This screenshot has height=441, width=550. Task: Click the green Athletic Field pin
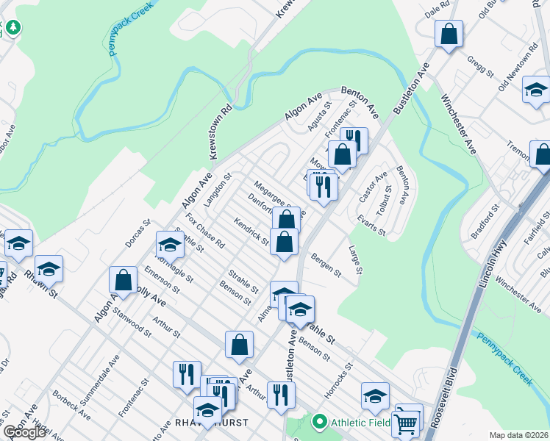319,423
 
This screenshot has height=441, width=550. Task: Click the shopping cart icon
407,424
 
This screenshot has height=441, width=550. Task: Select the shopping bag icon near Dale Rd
449,34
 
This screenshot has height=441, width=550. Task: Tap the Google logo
24,432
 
